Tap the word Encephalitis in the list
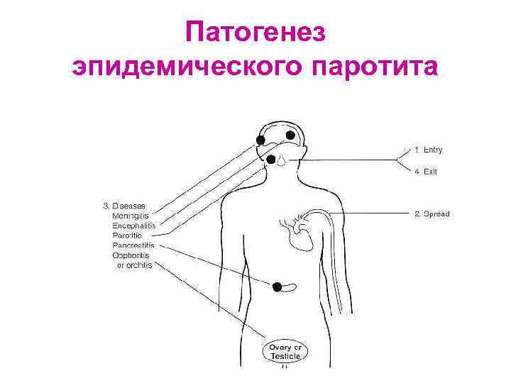point(134,226)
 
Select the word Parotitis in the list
point(127,235)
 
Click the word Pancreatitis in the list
point(133,245)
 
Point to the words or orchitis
point(134,265)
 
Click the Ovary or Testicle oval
point(285,350)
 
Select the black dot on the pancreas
point(278,286)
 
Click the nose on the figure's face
point(282,160)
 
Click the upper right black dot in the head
point(290,135)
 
